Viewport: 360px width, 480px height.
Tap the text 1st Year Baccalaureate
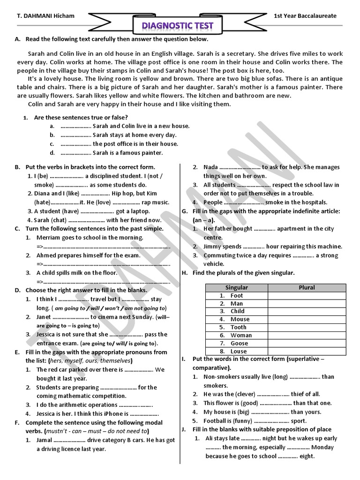click(305, 16)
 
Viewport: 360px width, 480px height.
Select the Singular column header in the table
click(237, 287)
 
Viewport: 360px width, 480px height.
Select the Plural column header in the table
click(307, 287)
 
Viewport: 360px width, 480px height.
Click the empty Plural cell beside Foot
click(307, 295)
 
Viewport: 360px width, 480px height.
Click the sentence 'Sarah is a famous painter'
click(127, 153)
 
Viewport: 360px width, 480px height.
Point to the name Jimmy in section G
click(212, 246)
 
